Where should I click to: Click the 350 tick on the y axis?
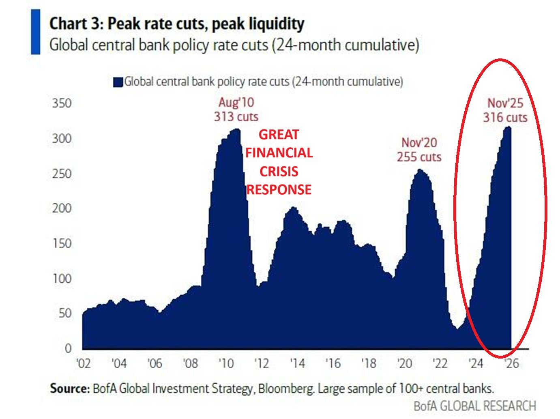[x=62, y=103]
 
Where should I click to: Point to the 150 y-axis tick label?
[x=62, y=243]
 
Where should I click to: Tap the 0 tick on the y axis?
[x=68, y=348]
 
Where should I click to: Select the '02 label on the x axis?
[x=84, y=363]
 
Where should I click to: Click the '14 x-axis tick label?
[x=297, y=363]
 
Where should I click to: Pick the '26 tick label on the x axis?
[x=511, y=363]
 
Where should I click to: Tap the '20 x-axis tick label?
[x=404, y=363]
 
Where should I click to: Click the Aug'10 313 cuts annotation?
[x=236, y=110]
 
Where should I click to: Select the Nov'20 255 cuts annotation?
[x=419, y=150]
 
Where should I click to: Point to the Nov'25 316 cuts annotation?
[x=505, y=110]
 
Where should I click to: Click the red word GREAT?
[x=279, y=134]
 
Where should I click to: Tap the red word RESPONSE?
[x=279, y=189]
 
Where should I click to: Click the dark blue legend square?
[x=118, y=82]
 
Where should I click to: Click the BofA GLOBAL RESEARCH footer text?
[x=475, y=406]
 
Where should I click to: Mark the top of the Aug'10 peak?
[x=236, y=129]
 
